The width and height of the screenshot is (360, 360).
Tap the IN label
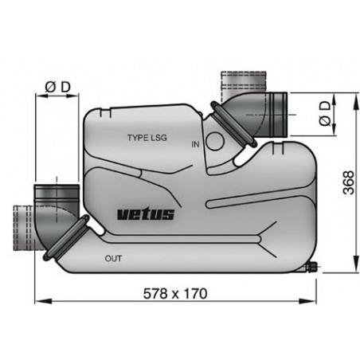coord(196,144)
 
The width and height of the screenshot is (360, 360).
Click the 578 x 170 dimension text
coord(175,294)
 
